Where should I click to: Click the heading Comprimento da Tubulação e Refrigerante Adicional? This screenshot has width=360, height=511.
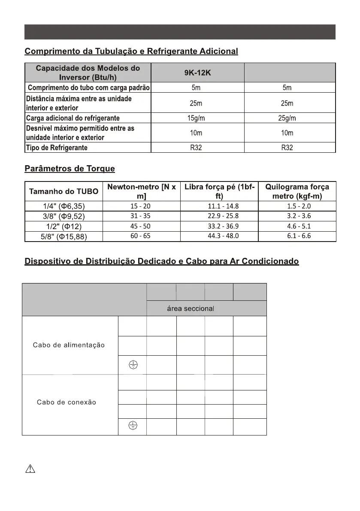[x=131, y=51]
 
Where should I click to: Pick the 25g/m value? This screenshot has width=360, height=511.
[x=287, y=118]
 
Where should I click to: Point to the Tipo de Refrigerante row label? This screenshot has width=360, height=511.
[x=57, y=148]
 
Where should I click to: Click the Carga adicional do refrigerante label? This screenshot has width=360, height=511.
[x=73, y=118]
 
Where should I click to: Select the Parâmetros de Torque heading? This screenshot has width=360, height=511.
[x=70, y=169]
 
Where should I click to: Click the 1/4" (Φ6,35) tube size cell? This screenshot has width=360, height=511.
[x=64, y=206]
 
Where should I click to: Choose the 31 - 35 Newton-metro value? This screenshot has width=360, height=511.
[x=140, y=216]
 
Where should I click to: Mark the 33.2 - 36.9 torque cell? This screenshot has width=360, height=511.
[x=220, y=226]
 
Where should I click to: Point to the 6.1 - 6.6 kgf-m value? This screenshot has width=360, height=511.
[x=299, y=236]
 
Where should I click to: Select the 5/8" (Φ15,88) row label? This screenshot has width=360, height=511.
[x=64, y=236]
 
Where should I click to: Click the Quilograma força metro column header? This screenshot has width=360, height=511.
[x=297, y=191]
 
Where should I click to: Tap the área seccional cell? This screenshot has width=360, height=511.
[x=190, y=308]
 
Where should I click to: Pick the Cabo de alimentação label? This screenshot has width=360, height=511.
[x=69, y=345]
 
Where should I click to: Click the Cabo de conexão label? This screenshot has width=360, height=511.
[x=66, y=402]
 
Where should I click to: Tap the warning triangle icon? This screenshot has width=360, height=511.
[x=30, y=469]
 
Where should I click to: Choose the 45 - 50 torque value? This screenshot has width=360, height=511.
[x=140, y=226]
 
